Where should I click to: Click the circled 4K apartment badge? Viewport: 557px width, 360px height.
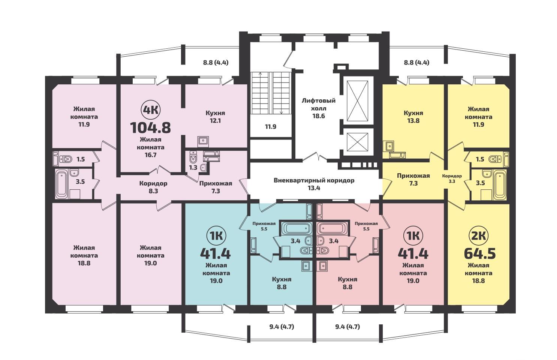[x=151, y=110]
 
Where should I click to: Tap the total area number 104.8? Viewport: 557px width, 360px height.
[x=151, y=127]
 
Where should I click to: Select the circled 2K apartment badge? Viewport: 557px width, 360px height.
[x=479, y=236]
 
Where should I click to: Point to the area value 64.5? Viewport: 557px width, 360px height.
[x=480, y=253]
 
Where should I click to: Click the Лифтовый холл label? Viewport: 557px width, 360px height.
[x=319, y=105]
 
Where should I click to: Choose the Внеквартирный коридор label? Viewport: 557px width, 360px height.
[x=314, y=180]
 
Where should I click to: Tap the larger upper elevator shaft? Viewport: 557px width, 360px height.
[x=357, y=101]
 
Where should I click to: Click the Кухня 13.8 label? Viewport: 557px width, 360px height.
[x=413, y=117]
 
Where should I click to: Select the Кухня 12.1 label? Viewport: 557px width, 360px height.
[x=215, y=117]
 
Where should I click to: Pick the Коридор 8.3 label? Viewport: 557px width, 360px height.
[x=153, y=187]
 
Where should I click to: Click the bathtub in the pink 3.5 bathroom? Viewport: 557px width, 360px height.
[x=61, y=184]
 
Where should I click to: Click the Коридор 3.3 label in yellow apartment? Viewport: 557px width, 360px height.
[x=452, y=178]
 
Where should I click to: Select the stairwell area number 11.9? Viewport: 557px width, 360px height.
[x=271, y=127]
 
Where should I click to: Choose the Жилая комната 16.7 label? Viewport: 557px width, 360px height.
[x=151, y=147]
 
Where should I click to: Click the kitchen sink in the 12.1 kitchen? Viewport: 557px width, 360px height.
[x=203, y=141]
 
